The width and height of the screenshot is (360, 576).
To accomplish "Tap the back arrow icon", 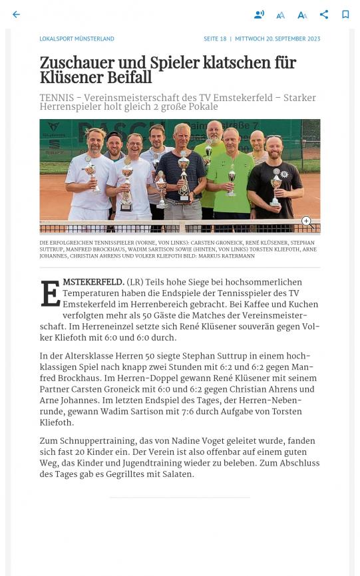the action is click(16, 15).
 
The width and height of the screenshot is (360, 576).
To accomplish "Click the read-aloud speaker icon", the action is click(259, 15).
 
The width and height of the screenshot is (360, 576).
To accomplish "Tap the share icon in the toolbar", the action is click(324, 15).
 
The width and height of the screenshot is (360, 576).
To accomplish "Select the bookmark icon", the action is click(345, 15).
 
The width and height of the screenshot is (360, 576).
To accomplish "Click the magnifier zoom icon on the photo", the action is click(307, 221).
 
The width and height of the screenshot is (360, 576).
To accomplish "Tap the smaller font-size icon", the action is click(280, 15).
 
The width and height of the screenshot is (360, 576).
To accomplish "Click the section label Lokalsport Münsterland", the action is click(77, 39).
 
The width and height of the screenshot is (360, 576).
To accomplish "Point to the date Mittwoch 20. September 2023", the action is click(277, 39).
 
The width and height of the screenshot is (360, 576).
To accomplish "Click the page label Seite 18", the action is click(215, 39).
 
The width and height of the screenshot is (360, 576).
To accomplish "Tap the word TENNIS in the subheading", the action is click(58, 98).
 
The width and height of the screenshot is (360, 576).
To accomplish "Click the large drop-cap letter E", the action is click(50, 293).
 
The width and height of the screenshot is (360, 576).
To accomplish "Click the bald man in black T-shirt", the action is click(274, 173).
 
